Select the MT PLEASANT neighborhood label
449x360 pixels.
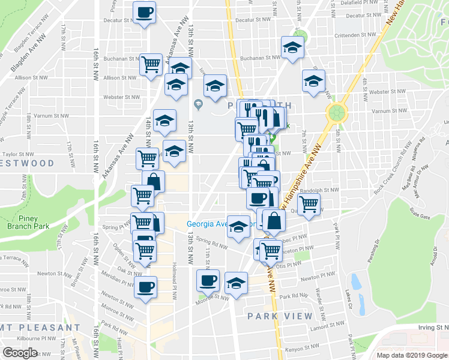pos(38,328)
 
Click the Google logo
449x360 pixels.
pos(20,353)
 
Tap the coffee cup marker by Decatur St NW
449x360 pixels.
pos(144,13)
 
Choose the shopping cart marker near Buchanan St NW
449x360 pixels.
pos(151,64)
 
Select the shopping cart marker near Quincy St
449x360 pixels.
pos(309,203)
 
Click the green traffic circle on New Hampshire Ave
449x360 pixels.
pos(337,112)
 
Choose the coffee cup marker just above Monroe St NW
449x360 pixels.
pos(208,280)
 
